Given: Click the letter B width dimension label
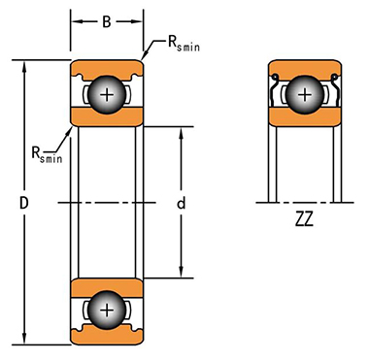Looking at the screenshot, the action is coord(107,21).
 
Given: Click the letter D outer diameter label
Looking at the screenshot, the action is coord(24,204).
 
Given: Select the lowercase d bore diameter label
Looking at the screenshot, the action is coord(182,203).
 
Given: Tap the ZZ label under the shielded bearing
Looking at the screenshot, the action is coord(304,219).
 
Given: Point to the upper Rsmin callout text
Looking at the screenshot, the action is coord(184,44).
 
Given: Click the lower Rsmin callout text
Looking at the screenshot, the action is coord(47,154).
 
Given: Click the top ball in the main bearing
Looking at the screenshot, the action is coord(107,95).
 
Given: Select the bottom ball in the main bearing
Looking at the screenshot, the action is coord(107,311).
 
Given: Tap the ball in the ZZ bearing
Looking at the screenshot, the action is coord(304,95).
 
